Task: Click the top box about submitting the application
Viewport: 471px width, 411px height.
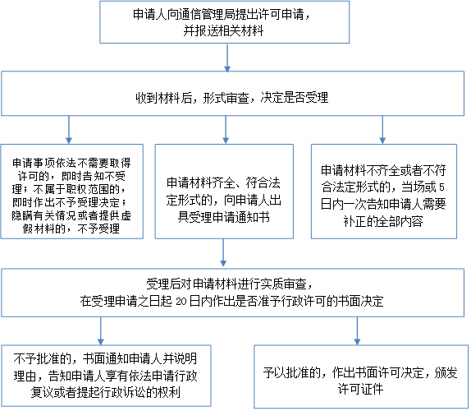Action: pyautogui.click(x=224, y=22)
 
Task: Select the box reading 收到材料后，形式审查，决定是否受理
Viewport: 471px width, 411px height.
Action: pyautogui.click(x=232, y=93)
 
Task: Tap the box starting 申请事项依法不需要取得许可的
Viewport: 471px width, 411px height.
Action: pyautogui.click(x=71, y=192)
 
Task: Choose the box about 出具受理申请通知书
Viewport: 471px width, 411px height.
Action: pyautogui.click(x=224, y=192)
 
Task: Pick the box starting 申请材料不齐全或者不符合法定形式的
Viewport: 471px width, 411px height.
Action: pyautogui.click(x=384, y=192)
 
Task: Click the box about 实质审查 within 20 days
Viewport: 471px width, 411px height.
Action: pyautogui.click(x=232, y=293)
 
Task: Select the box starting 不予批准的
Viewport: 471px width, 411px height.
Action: pyautogui.click(x=106, y=376)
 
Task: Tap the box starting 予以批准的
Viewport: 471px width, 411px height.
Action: pyautogui.click(x=361, y=376)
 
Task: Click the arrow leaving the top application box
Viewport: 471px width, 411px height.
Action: pyautogui.click(x=227, y=58)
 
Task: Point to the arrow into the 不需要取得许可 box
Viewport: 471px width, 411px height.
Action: pyautogui.click(x=69, y=130)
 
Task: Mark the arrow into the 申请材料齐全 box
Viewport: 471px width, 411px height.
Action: pyautogui.click(x=226, y=130)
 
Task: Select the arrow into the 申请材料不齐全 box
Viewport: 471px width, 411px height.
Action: pyautogui.click(x=382, y=130)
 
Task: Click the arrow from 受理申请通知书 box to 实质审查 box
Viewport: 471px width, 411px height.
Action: pyautogui.click(x=223, y=252)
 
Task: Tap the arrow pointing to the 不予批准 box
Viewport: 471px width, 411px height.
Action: pyautogui.click(x=101, y=331)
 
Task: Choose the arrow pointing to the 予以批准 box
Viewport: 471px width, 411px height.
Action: pyautogui.click(x=357, y=331)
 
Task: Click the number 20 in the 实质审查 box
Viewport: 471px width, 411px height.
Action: pyautogui.click(x=181, y=302)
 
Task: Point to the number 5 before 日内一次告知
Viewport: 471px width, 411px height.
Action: pyautogui.click(x=441, y=187)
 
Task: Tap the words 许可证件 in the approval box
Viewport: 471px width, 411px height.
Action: pyautogui.click(x=360, y=389)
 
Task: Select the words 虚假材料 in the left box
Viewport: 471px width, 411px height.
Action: pyautogui.click(x=44, y=229)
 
